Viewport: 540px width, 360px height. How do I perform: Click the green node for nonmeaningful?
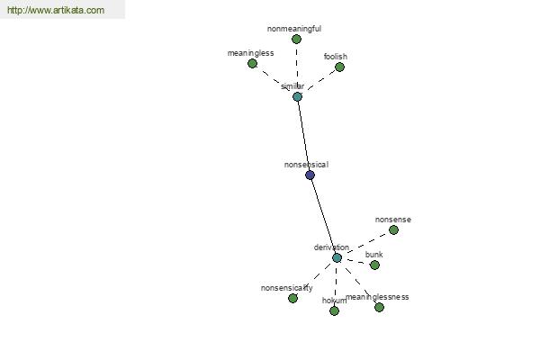[296, 40]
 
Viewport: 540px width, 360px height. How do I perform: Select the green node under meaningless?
[252, 63]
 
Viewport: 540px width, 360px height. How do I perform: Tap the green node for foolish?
[339, 67]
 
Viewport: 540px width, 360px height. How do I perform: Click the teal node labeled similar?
[297, 97]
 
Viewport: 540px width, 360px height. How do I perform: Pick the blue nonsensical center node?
[310, 175]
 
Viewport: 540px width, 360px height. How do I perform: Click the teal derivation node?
[337, 257]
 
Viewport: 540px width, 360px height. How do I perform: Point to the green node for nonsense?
[393, 229]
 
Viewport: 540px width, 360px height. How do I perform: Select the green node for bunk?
[374, 265]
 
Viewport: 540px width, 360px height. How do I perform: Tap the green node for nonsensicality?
[292, 298]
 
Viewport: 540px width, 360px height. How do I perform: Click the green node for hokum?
[334, 311]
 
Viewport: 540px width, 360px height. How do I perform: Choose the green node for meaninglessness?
[379, 307]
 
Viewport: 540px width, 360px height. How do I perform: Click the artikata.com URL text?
[56, 10]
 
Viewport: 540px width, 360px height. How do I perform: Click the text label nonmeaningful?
[294, 29]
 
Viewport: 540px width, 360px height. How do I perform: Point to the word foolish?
[336, 56]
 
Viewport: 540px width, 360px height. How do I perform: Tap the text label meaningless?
[251, 53]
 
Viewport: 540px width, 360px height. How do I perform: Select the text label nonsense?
[393, 220]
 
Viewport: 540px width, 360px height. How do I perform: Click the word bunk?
[374, 255]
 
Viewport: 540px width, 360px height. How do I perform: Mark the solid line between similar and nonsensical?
[304, 136]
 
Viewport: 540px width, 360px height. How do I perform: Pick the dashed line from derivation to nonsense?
[367, 243]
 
